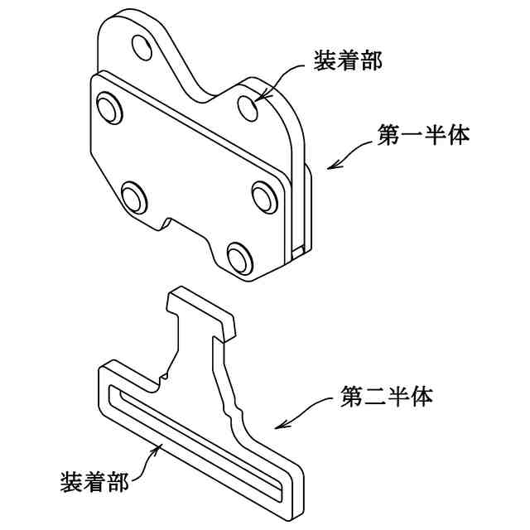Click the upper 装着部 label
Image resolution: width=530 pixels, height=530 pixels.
click(348, 60)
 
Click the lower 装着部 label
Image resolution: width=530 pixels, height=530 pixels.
click(95, 482)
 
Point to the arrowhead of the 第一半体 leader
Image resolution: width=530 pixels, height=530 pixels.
click(330, 166)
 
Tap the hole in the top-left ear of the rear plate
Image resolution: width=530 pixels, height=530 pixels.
click(142, 49)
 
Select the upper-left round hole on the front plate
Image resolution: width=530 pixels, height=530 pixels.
click(108, 108)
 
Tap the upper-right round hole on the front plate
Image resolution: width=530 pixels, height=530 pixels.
click(264, 195)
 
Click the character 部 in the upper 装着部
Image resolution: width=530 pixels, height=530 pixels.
click(371, 60)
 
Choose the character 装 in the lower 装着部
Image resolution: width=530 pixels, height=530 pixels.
click(72, 482)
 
